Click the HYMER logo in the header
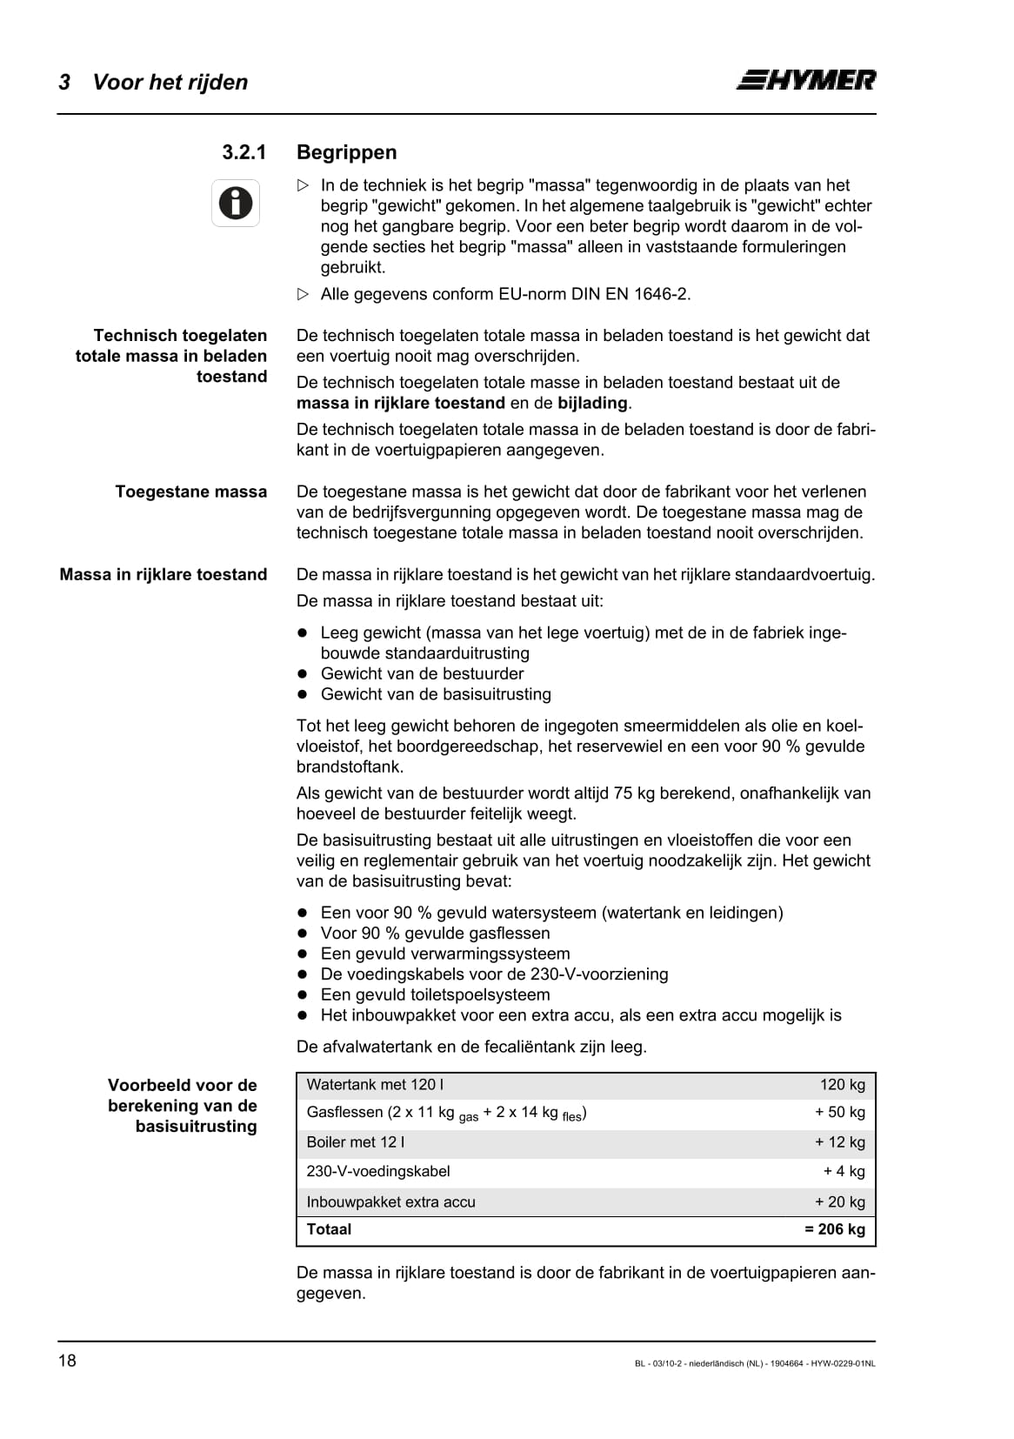[x=806, y=80]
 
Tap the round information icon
[x=236, y=203]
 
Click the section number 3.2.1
[x=243, y=152]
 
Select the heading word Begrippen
[x=346, y=152]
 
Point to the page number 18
[x=67, y=1361]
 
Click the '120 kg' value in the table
[x=842, y=1085]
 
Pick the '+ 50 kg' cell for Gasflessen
[x=839, y=1112]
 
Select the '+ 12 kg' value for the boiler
[x=839, y=1142]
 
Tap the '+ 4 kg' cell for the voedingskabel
[x=844, y=1171]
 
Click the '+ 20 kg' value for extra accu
[x=839, y=1201]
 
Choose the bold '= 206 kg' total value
[x=834, y=1229]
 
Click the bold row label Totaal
[x=329, y=1229]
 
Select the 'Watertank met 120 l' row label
[x=375, y=1085]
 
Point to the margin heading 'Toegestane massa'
[x=191, y=492]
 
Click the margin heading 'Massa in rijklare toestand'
[x=163, y=574]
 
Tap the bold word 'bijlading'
[x=592, y=403]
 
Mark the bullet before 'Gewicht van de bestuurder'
[x=304, y=673]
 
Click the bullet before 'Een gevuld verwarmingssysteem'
[x=304, y=954]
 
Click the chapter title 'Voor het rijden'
[x=170, y=82]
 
